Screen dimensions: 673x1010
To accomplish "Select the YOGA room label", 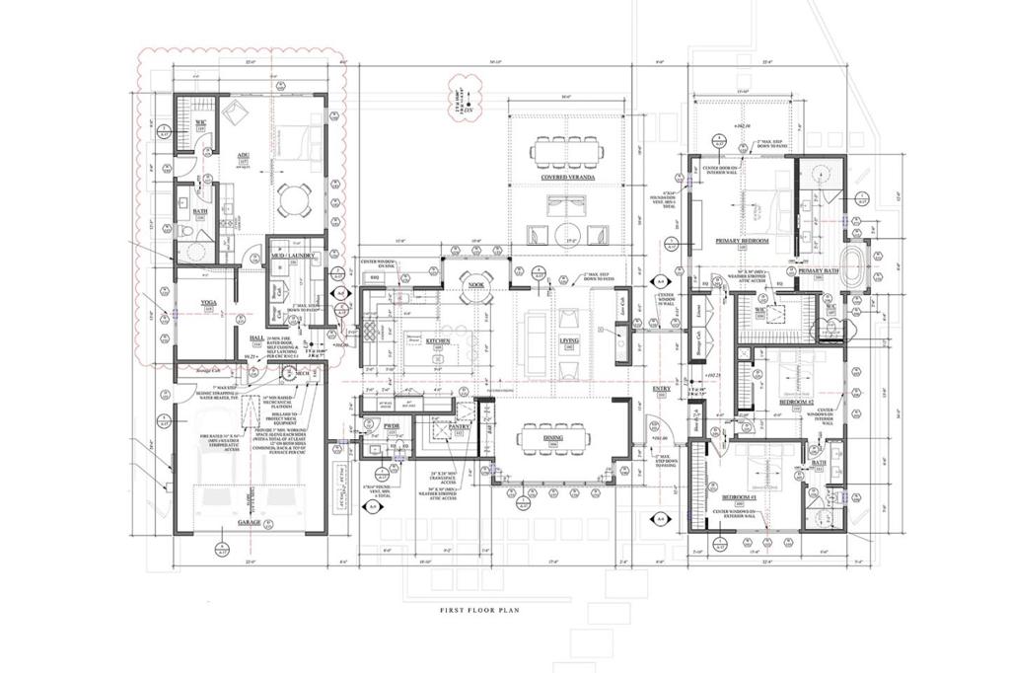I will click(208, 304).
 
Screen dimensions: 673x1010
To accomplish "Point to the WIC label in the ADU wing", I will click(199, 123).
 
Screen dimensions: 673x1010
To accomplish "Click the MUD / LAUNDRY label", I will click(294, 255).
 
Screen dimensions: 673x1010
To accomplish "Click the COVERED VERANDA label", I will click(565, 179).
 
